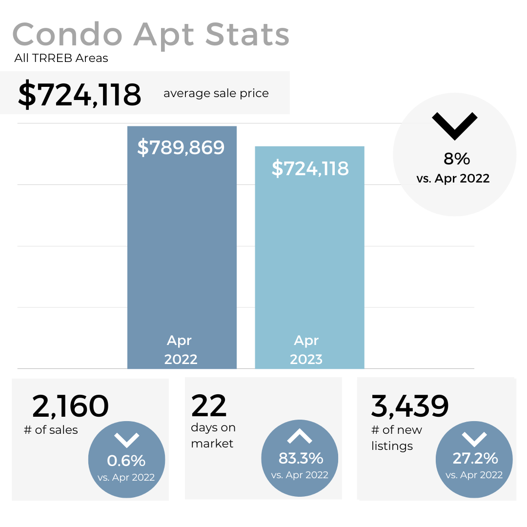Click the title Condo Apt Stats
151,35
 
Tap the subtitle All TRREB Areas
61,59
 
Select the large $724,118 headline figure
80,94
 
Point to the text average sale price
216,93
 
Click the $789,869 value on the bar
181,147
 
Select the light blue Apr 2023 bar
309,254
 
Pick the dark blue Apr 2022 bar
182,244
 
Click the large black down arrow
454,126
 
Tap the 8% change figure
456,159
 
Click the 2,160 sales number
70,406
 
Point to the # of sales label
51,430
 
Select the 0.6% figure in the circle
126,460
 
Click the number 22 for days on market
209,405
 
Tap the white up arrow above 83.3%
300,436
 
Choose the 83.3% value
301,458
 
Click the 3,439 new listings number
410,406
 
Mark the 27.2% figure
475,458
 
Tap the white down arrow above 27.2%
474,439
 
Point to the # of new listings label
396,438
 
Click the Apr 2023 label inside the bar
306,349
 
